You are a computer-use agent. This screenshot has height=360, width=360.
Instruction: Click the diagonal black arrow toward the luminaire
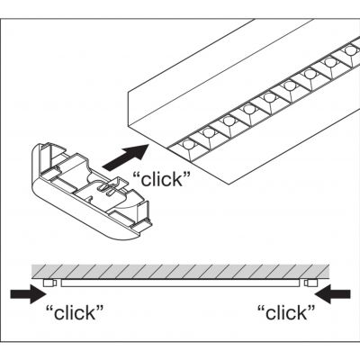click(x=126, y=157)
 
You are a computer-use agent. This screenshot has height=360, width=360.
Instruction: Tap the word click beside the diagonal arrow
click(x=162, y=179)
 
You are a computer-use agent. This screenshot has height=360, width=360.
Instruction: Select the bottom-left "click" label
click(x=75, y=312)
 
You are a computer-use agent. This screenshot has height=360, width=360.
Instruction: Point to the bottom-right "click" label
click(x=286, y=312)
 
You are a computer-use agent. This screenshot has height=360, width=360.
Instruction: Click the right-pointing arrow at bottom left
click(x=28, y=294)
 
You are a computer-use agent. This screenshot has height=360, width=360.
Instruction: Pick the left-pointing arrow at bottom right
click(x=332, y=294)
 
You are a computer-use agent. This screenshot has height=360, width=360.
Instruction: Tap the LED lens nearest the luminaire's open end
click(x=189, y=145)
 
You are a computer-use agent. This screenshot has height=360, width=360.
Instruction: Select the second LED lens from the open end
click(x=209, y=133)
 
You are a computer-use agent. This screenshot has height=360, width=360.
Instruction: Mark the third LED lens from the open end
click(x=229, y=121)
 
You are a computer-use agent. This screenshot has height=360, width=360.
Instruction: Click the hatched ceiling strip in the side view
click(x=181, y=271)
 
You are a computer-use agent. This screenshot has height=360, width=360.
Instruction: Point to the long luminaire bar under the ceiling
click(x=180, y=283)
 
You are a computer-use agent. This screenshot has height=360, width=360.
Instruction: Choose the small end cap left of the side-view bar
click(x=49, y=283)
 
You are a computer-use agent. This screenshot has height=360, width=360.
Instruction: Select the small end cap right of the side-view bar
click(x=310, y=283)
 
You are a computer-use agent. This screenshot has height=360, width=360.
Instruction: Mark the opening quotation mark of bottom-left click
click(x=49, y=308)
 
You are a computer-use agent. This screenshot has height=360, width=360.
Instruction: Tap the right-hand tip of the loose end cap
click(x=150, y=224)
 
